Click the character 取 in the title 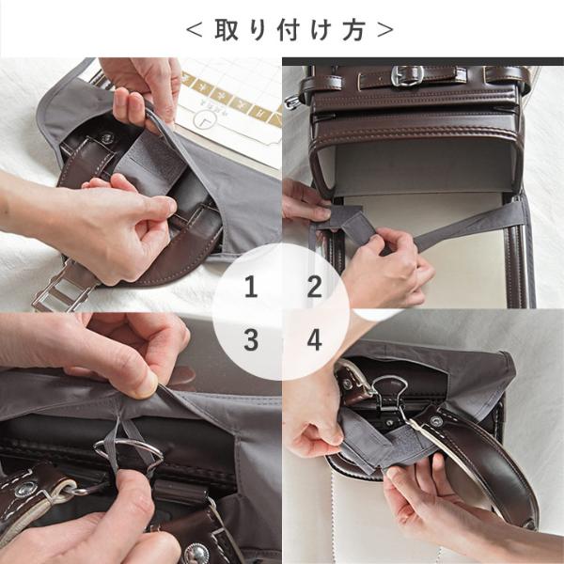click(227, 29)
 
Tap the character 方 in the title click(354, 29)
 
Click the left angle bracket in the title click(194, 30)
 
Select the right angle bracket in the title click(385, 30)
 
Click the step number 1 click(251, 287)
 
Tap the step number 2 click(315, 287)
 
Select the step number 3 click(251, 340)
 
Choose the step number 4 click(314, 340)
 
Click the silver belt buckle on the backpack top click(408, 76)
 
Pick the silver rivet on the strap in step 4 click(436, 420)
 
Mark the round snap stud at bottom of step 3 click(196, 553)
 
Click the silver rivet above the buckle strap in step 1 click(107, 137)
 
